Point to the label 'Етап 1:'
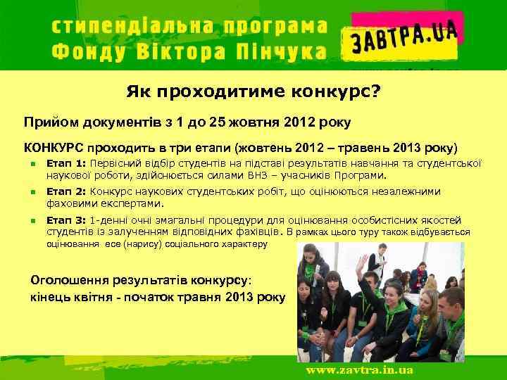click(65, 163)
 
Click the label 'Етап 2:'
click(65, 191)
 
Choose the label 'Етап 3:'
click(65, 219)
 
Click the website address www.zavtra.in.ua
click(358, 369)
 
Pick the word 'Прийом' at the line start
click(46, 123)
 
